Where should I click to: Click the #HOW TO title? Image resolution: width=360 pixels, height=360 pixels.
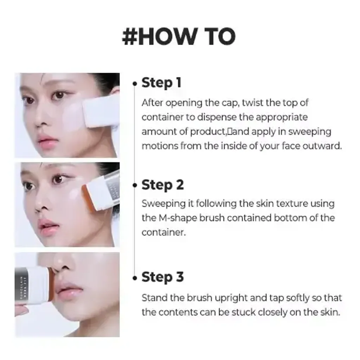pyautogui.click(x=179, y=37)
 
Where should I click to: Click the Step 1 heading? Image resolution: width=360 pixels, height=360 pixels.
pyautogui.click(x=161, y=83)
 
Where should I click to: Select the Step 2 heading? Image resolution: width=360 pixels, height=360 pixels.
pyautogui.click(x=162, y=185)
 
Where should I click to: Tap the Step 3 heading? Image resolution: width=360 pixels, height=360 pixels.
pyautogui.click(x=162, y=277)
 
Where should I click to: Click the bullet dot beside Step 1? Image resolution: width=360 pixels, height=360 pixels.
pyautogui.click(x=135, y=84)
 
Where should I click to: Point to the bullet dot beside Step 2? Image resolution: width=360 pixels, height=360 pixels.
pyautogui.click(x=135, y=186)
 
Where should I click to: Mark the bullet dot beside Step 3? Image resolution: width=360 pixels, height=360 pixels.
pyautogui.click(x=135, y=278)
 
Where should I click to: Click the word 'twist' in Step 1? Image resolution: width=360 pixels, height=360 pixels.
pyautogui.click(x=253, y=103)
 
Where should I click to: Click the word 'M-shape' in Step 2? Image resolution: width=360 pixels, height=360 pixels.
pyautogui.click(x=176, y=218)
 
